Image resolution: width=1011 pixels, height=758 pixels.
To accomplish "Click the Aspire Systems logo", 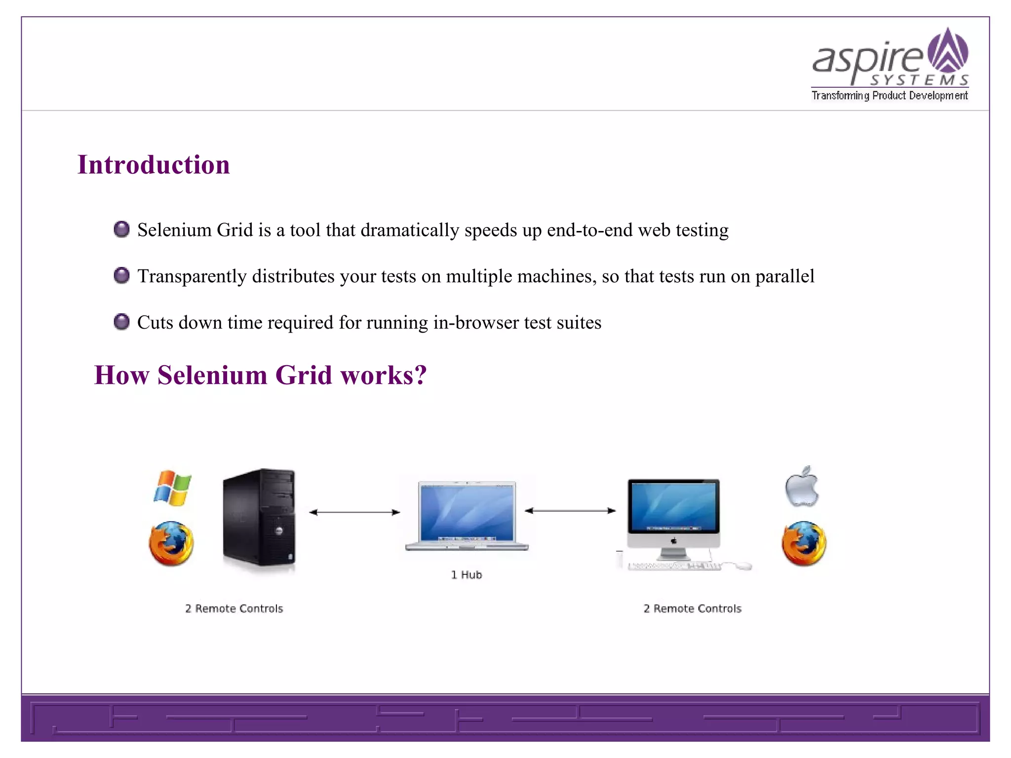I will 890,64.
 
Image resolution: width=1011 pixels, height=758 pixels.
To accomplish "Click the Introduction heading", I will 154,165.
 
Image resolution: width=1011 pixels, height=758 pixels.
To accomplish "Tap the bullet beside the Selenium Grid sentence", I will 121,229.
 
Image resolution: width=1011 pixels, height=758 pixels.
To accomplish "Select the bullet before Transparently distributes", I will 121,275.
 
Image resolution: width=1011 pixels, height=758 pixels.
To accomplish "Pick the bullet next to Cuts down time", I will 121,322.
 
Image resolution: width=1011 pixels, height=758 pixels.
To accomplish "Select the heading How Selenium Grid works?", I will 260,375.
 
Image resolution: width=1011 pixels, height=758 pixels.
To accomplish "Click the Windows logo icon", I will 172,488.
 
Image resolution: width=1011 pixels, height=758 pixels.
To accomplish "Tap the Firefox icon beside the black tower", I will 171,543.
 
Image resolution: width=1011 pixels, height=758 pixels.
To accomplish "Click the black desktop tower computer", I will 259,517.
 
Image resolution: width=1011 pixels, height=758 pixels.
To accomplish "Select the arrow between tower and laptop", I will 354,512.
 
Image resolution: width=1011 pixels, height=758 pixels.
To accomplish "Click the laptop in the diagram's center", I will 467,515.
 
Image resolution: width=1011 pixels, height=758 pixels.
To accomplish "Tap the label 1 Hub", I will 466,575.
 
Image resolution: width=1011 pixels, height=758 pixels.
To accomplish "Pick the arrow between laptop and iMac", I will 570,511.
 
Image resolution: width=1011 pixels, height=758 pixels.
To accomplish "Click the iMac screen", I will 673,507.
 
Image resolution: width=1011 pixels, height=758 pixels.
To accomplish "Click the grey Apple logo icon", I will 802,487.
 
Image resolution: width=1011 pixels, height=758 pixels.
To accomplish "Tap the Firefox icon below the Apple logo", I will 804,543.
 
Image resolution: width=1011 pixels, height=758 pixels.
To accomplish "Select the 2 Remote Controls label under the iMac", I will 692,608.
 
